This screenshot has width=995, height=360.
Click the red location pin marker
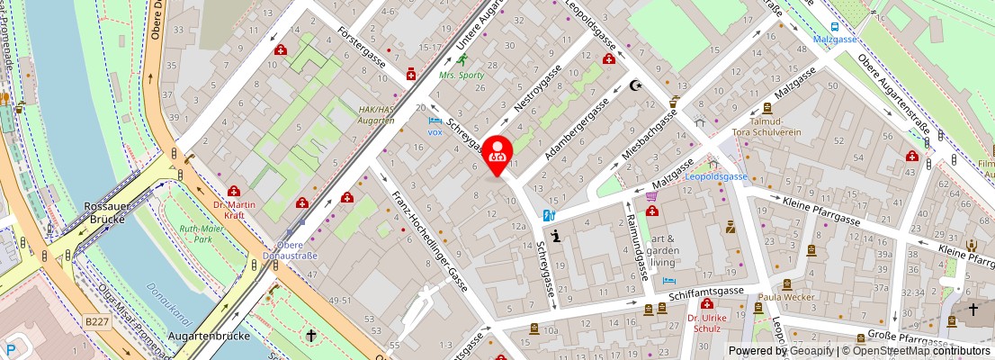click(x=497, y=154)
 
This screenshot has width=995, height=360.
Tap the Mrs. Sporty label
click(x=462, y=76)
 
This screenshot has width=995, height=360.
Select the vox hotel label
click(x=435, y=131)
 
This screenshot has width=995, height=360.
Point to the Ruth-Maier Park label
click(x=202, y=234)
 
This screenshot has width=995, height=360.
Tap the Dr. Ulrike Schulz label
click(x=707, y=324)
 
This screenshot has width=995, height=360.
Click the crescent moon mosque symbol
click(x=637, y=86)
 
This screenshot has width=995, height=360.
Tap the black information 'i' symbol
click(x=556, y=237)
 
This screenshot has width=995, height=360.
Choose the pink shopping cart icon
click(x=651, y=194)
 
